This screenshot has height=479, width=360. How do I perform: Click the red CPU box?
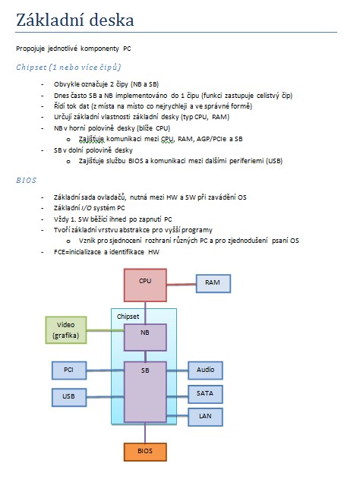[145, 285]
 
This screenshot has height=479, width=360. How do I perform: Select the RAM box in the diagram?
[213, 283]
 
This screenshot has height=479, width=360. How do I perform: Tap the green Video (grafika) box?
[66, 330]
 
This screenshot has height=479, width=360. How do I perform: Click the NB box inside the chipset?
[145, 337]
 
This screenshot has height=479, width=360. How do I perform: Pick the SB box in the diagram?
[145, 392]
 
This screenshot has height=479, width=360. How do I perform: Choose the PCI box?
[69, 370]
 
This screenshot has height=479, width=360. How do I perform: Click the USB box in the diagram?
[69, 397]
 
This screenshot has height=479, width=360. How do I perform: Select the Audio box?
[205, 370]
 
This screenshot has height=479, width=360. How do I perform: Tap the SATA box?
[205, 394]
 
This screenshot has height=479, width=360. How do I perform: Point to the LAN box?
[205, 417]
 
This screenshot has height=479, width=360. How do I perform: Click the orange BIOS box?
[145, 452]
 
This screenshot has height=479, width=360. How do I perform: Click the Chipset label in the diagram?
[128, 317]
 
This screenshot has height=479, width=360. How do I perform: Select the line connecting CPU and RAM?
[182, 285]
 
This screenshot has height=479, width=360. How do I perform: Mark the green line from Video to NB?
[106, 330]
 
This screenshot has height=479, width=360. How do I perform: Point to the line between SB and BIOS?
[145, 433]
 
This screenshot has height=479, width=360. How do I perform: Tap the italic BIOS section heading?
[27, 180]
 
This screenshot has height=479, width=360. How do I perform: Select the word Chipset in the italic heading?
[31, 68]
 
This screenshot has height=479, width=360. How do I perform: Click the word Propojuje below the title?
[30, 49]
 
